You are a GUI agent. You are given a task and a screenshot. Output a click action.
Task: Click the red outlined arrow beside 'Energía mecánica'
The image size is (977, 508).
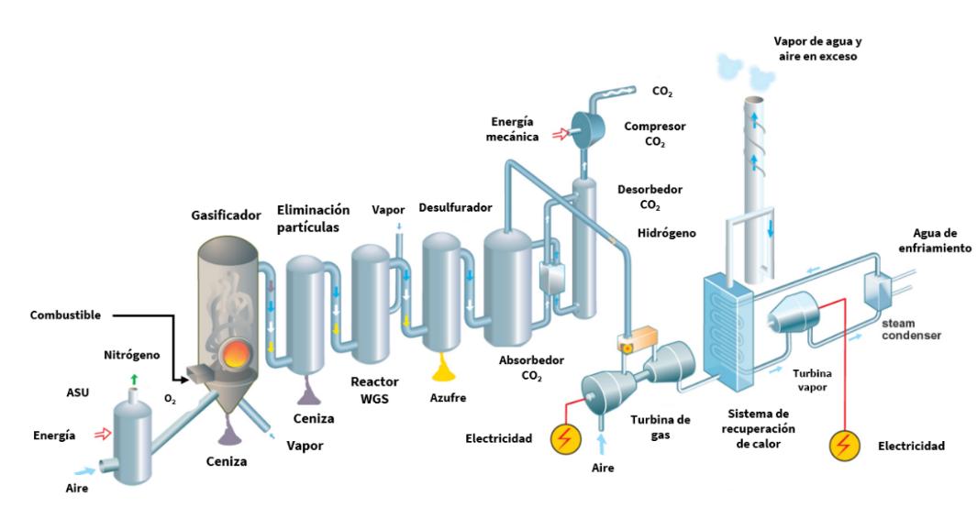558,136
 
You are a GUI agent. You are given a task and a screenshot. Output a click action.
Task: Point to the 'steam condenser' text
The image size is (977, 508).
913,329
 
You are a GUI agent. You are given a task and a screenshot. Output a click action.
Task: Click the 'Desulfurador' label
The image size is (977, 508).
456,208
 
